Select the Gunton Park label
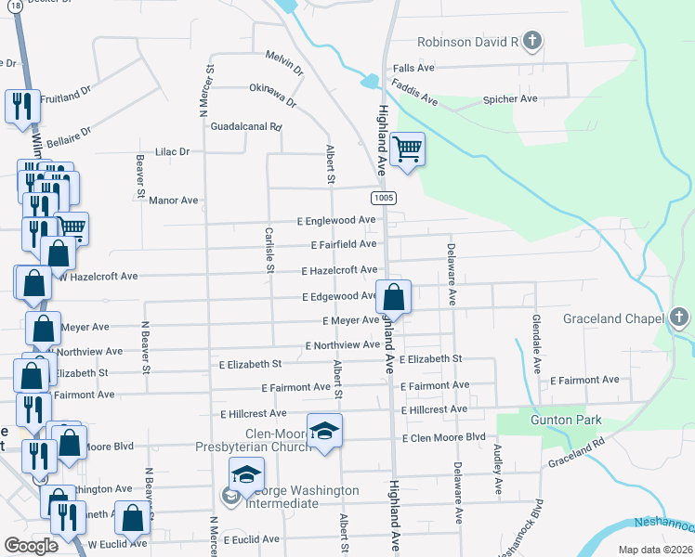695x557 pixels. [566, 421]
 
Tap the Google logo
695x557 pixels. [31, 546]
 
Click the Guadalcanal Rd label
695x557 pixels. [246, 126]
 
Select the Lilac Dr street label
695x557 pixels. [172, 151]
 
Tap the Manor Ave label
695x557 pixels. [174, 200]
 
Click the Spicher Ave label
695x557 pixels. [510, 99]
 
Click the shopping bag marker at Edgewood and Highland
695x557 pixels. [394, 298]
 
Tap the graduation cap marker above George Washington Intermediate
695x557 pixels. [245, 476]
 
